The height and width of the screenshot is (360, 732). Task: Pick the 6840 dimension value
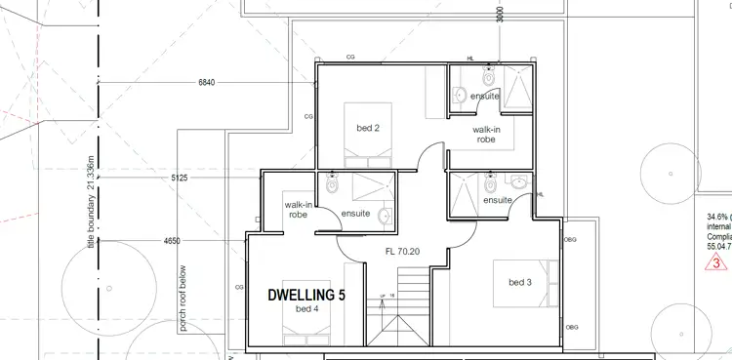206,82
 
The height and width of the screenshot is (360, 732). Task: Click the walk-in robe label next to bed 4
299,210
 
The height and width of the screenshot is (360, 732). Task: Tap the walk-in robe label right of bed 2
487,135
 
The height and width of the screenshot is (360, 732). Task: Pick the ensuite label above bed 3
498,200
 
